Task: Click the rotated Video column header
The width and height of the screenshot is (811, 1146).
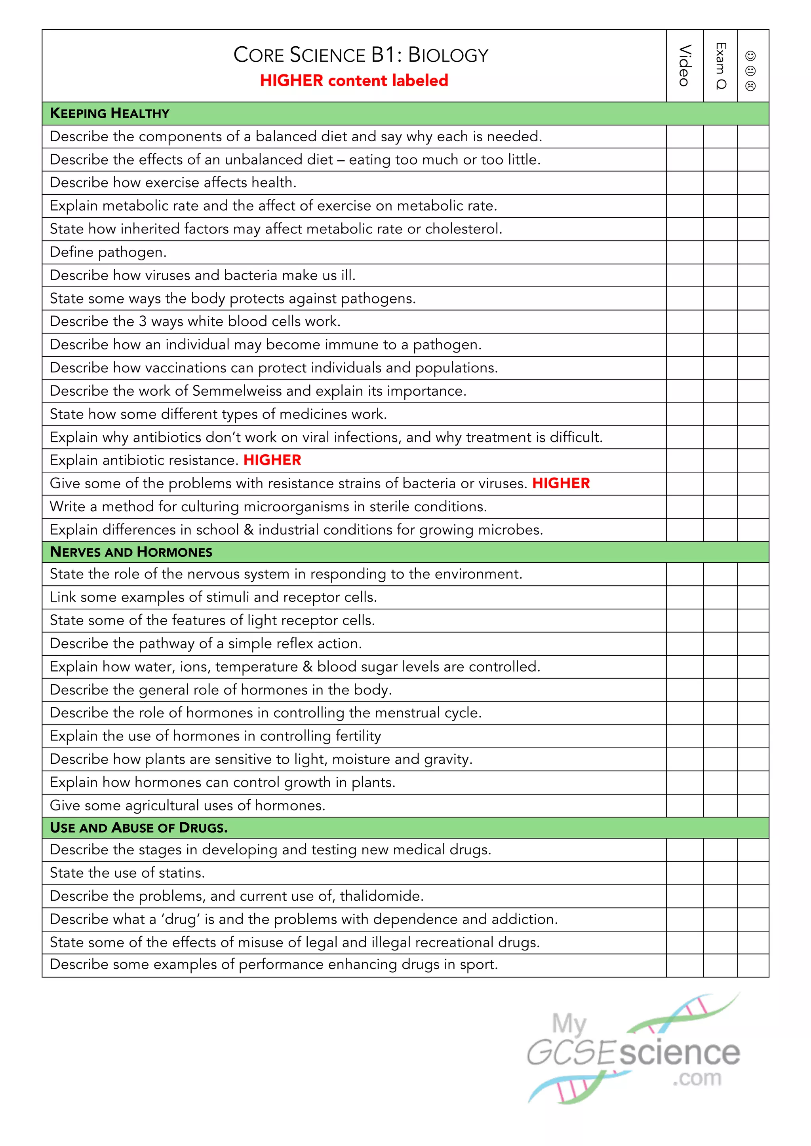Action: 685,65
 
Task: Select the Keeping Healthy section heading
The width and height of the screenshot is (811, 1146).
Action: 110,113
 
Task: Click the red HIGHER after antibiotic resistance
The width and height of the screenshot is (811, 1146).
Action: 272,460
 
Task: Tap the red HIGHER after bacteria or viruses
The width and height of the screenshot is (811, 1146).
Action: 561,483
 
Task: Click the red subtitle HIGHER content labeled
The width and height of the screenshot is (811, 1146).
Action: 354,80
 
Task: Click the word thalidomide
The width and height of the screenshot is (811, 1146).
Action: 381,896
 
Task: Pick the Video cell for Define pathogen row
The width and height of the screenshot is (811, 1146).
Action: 685,252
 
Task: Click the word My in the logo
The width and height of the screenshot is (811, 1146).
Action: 568,1024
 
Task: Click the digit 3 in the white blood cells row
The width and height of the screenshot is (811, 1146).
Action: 143,321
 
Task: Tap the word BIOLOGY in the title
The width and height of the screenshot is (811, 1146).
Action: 448,55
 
